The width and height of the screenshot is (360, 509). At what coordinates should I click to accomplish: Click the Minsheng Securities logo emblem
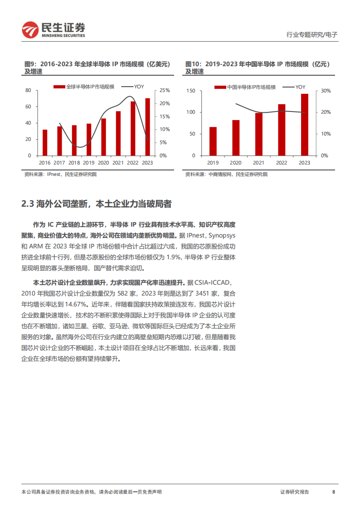click(x=31, y=30)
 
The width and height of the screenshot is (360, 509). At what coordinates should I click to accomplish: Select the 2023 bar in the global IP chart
click(x=147, y=127)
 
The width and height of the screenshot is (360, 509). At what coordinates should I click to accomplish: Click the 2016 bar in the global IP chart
click(x=45, y=142)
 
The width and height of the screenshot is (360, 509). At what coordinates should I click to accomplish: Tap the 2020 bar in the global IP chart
click(x=103, y=137)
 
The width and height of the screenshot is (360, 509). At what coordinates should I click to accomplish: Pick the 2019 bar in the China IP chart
click(x=213, y=141)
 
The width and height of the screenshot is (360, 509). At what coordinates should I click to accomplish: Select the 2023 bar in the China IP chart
click(x=305, y=125)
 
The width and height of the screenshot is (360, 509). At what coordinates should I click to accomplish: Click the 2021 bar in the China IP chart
click(x=258, y=134)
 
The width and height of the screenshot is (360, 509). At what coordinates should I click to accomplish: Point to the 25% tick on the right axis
click(x=165, y=91)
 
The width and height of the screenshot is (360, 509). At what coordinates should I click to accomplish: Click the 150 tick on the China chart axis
click(x=190, y=91)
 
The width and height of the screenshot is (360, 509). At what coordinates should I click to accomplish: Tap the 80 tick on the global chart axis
click(x=28, y=91)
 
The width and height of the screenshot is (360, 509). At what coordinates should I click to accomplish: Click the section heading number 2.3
click(x=28, y=204)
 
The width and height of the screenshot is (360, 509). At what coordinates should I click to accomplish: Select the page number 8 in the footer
click(x=334, y=492)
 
